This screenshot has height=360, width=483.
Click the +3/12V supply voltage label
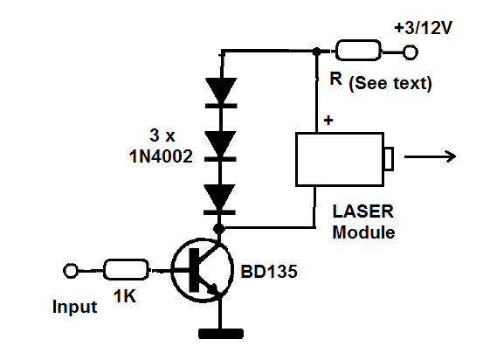(x=424, y=28)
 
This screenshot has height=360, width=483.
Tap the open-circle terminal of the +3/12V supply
(x=411, y=52)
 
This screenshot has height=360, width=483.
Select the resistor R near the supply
(x=358, y=50)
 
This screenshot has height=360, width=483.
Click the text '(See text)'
(x=390, y=83)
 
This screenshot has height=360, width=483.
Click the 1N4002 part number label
(x=161, y=156)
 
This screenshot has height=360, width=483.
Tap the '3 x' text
(x=162, y=135)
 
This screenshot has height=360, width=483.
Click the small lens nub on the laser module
(x=389, y=159)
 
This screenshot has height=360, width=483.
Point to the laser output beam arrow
(x=430, y=156)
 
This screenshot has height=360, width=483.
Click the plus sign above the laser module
(x=328, y=120)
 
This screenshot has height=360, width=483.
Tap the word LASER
(x=363, y=211)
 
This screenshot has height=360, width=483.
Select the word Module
(x=364, y=232)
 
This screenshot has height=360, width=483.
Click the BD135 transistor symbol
(x=203, y=270)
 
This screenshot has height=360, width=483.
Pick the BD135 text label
(x=269, y=272)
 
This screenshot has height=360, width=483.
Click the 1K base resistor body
(x=126, y=270)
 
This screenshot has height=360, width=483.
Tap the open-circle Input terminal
(x=71, y=271)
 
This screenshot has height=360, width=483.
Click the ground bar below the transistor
(x=221, y=334)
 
